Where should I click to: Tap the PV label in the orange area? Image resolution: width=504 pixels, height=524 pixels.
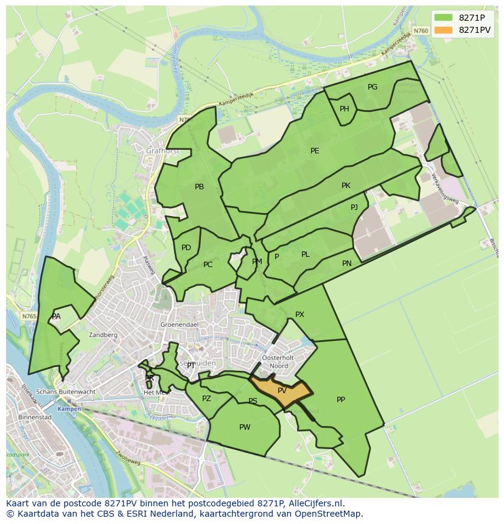point(282,391)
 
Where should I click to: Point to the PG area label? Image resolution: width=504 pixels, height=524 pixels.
point(373,87)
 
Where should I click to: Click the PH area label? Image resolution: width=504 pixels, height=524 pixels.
point(345,109)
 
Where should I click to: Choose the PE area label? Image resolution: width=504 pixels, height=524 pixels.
point(315,151)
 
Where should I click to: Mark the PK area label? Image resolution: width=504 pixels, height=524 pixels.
point(346,186)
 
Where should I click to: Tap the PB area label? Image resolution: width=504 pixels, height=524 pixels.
point(199,187)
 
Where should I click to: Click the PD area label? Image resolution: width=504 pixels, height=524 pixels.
point(186,248)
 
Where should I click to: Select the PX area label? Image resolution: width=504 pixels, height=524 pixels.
point(299,315)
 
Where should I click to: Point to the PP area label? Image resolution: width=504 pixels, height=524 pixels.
point(341,400)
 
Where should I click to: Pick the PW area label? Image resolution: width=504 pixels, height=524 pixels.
point(245,427)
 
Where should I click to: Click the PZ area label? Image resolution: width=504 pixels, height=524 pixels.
point(206,399)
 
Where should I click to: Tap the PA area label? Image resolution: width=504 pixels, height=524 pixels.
point(56,316)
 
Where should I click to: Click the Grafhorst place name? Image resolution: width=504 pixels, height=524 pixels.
point(160,150)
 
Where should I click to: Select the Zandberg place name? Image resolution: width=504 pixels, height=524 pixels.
point(103,335)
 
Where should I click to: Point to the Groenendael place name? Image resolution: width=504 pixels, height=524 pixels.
point(177,325)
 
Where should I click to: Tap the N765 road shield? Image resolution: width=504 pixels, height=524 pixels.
point(29,316)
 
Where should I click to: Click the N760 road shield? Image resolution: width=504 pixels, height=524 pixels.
point(420,30)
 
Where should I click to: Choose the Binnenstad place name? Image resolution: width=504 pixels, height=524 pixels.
point(35,417)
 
